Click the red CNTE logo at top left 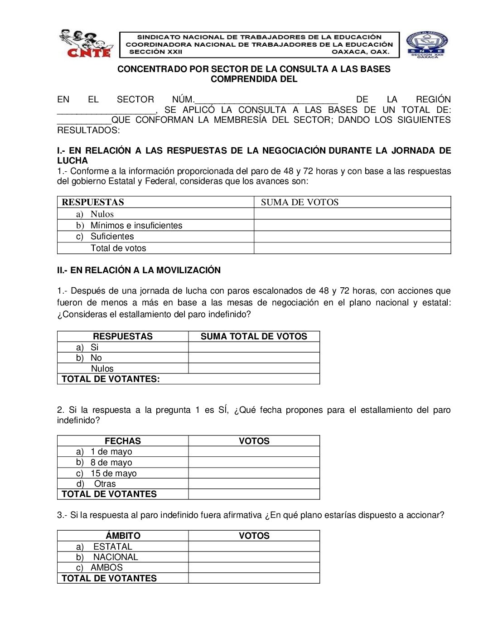(x=85, y=44)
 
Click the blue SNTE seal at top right (x=427, y=44)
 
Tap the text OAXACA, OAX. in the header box (x=360, y=52)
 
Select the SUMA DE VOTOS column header (x=300, y=202)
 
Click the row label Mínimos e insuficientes (x=136, y=225)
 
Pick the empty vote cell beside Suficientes (x=352, y=237)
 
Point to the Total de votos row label (x=118, y=248)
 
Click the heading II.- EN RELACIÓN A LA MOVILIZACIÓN (x=139, y=270)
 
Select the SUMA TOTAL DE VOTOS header (x=254, y=336)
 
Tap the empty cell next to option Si (x=254, y=347)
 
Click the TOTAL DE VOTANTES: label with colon (x=111, y=379)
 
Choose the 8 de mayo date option (x=111, y=462)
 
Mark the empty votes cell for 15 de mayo (x=254, y=473)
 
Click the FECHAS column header (x=123, y=441)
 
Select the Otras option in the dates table (x=105, y=483)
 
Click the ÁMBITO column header (x=123, y=536)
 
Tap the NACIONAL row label (x=116, y=557)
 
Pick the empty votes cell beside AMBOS (x=254, y=567)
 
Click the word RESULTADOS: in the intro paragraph (x=88, y=130)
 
